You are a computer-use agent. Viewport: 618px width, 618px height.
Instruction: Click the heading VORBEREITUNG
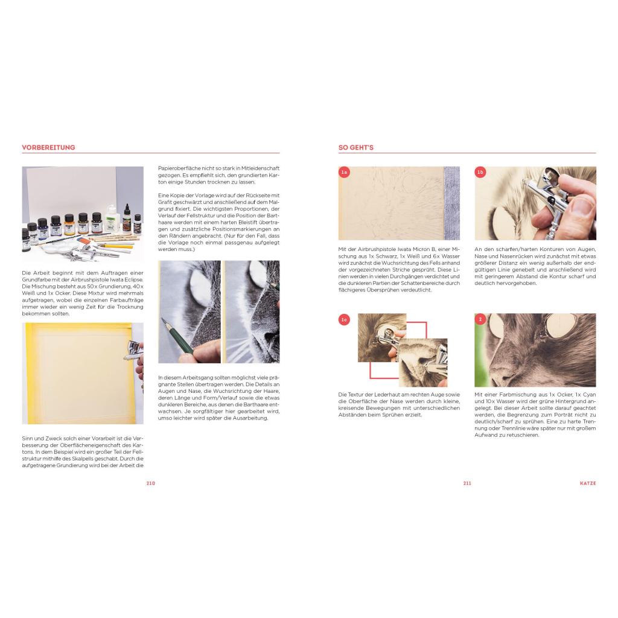[48, 147]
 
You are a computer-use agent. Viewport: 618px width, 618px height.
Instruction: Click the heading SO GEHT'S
[356, 147]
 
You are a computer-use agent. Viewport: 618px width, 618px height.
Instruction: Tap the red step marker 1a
[344, 172]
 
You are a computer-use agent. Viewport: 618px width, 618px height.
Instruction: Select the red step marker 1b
[480, 172]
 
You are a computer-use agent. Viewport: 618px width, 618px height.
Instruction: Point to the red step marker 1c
[344, 320]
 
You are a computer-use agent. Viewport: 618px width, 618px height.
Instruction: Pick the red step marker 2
[480, 320]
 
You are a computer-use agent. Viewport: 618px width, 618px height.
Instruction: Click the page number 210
[150, 483]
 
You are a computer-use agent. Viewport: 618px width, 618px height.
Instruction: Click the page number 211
[467, 483]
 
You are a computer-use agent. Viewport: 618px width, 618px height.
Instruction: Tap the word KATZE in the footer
[588, 483]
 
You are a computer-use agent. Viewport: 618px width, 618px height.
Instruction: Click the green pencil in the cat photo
[177, 335]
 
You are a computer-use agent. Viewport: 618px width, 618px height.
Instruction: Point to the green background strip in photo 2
[481, 351]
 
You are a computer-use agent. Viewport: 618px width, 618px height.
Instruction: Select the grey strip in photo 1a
[451, 203]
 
